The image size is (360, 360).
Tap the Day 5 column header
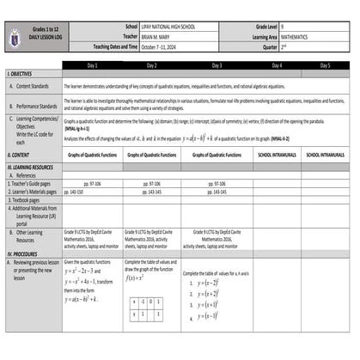coord(326,65)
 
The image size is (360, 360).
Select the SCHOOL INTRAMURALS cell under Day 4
coord(277,155)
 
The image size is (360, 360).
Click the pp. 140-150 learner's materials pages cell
coord(77,192)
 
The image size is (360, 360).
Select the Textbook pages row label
coord(30,199)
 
